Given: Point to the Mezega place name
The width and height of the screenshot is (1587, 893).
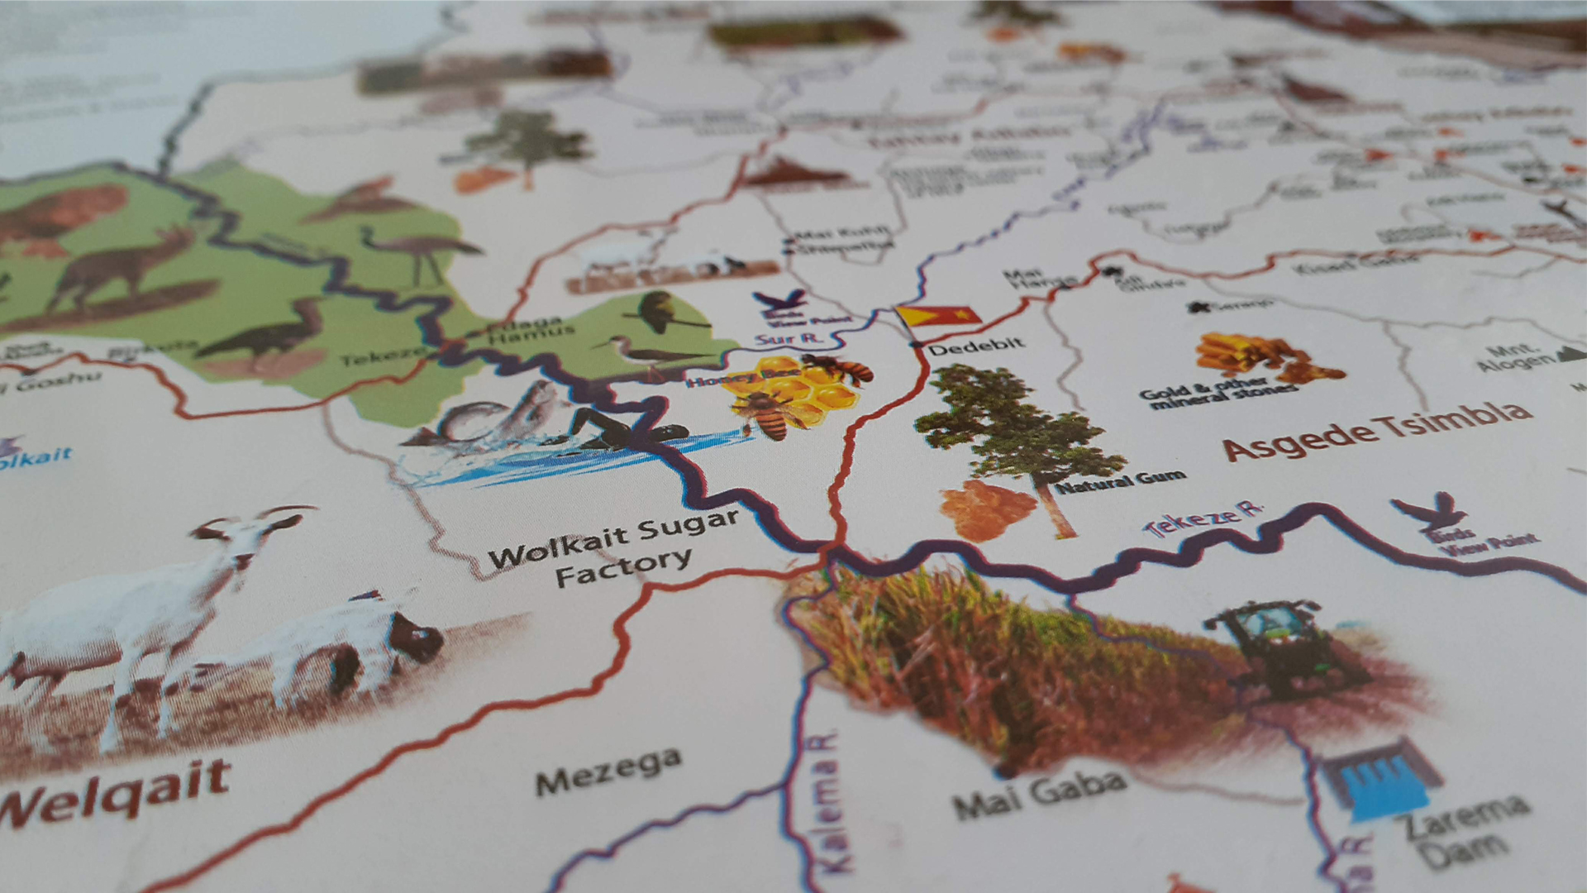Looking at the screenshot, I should [x=608, y=770].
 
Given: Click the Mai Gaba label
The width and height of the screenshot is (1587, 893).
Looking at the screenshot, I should [x=1039, y=792].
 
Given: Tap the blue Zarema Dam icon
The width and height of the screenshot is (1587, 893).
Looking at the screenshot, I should [x=1381, y=781].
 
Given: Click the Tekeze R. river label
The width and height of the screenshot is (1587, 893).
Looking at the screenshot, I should [x=1205, y=518].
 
